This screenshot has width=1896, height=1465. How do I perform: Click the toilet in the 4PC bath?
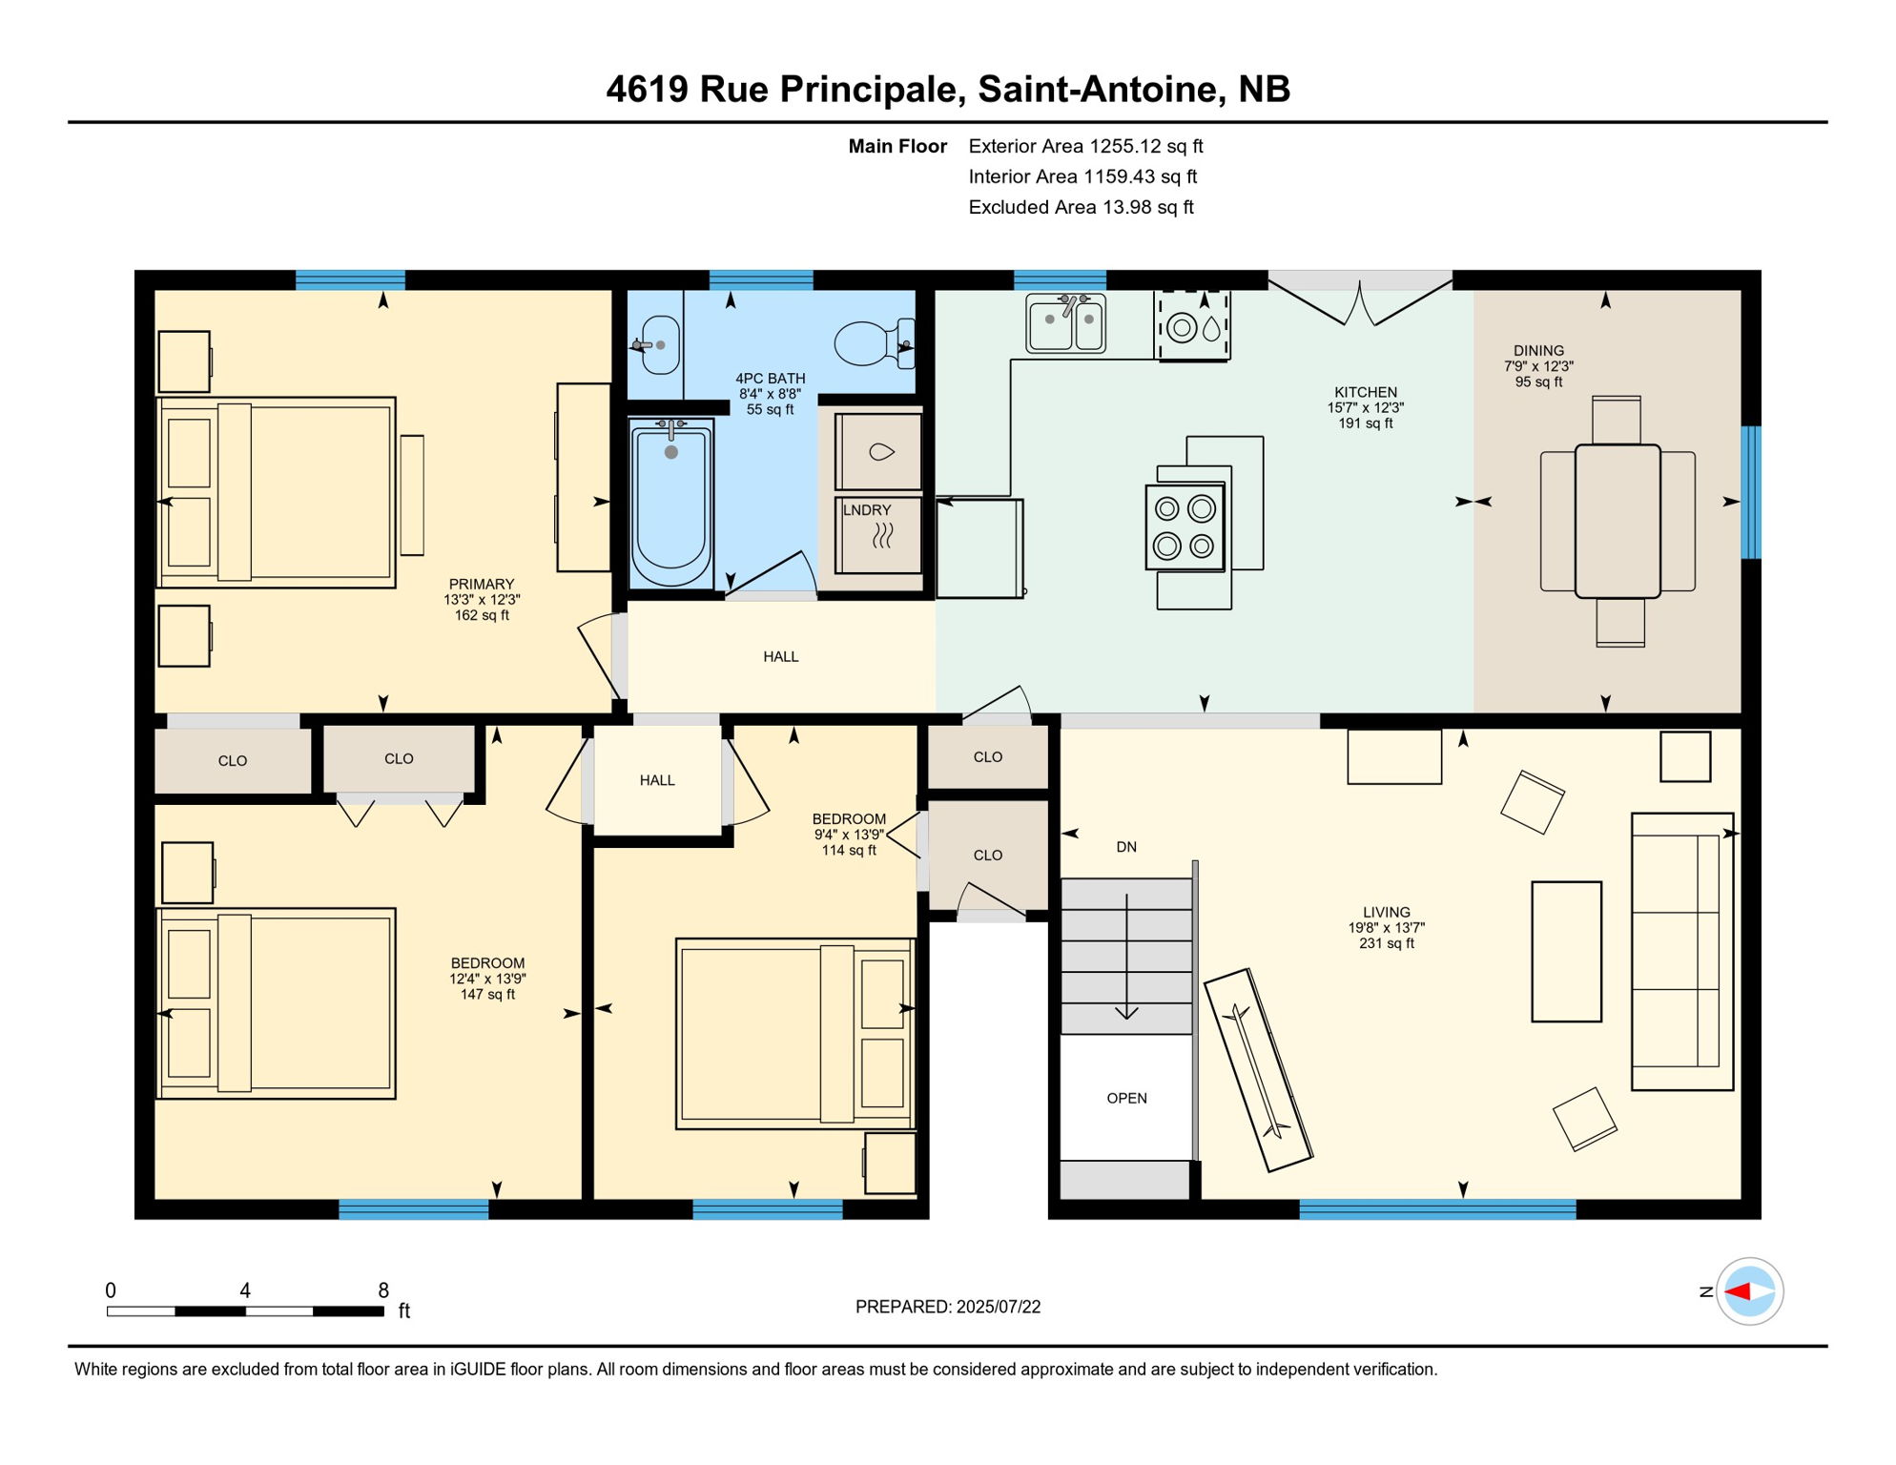coord(870,343)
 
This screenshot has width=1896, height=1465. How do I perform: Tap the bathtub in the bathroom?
coord(671,504)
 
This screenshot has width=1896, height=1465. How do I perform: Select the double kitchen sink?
coord(1066,323)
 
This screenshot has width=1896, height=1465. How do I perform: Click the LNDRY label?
coord(866,510)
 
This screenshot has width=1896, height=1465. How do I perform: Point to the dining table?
coord(1618,521)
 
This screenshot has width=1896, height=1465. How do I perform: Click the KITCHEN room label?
coord(1365,392)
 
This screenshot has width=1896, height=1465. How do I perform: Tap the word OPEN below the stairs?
coord(1126,1098)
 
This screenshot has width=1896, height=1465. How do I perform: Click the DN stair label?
coord(1126,847)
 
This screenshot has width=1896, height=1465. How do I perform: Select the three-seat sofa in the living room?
coord(1681,951)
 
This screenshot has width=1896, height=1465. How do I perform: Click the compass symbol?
coord(1749,1291)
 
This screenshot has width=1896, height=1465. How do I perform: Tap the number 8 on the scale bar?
coord(383,1290)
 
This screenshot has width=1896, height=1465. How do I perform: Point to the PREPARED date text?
coord(947,1307)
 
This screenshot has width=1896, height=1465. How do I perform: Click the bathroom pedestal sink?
coord(659,345)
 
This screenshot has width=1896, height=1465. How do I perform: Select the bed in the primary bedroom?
coord(277,492)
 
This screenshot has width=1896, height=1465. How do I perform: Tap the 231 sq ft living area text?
coord(1386,943)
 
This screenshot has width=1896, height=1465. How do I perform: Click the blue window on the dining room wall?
coord(1750,492)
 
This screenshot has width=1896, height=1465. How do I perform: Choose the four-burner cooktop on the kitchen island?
coord(1185,527)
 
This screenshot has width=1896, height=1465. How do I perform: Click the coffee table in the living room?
coord(1566,951)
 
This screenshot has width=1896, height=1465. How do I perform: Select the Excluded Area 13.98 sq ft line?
coord(1081,207)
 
